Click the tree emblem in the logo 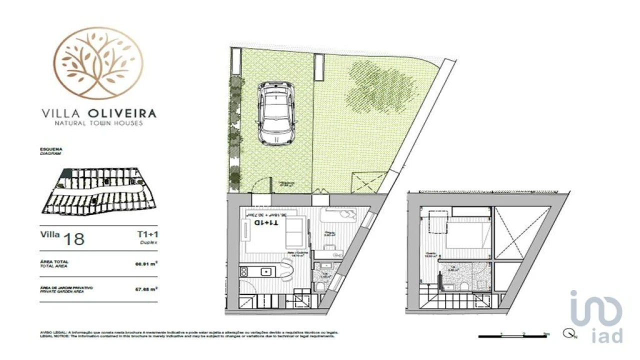coord(98,63)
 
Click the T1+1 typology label coord(147,234)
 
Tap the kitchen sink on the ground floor coord(267,271)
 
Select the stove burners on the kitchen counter coord(244,271)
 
